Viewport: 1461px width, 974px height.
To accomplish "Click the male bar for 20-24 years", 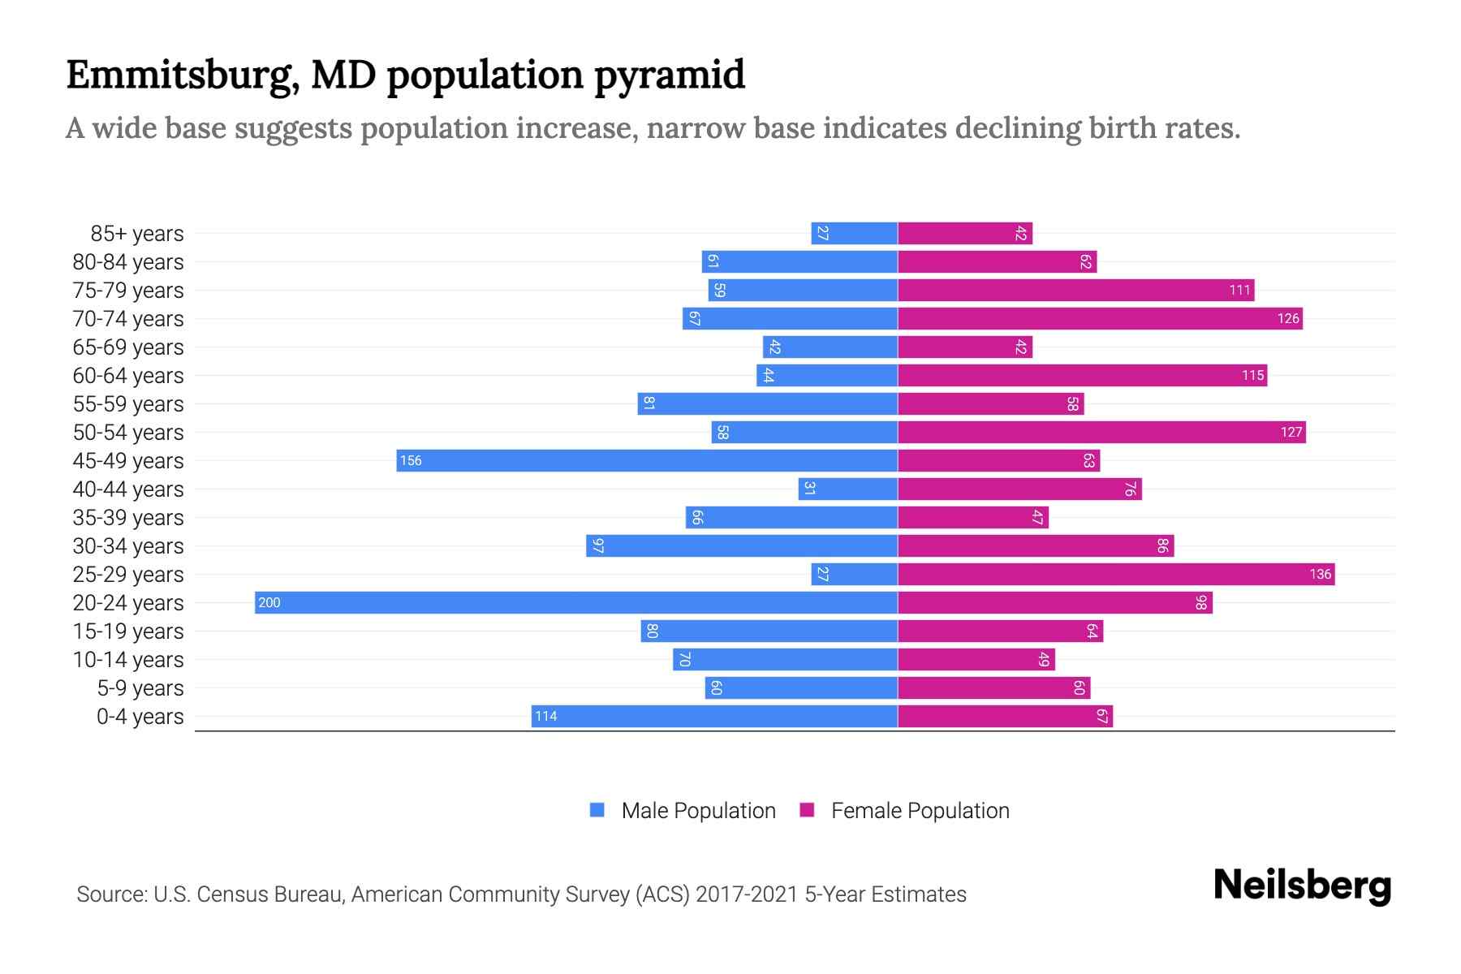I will (x=576, y=602).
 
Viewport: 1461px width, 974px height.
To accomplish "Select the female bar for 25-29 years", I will (x=1116, y=574).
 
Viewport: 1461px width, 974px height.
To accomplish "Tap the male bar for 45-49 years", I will (x=647, y=460).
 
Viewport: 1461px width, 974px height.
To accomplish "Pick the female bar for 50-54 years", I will (x=1101, y=432).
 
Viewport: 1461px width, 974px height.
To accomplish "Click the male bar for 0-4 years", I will (x=714, y=716).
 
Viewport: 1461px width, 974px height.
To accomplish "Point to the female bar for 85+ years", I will (x=965, y=233).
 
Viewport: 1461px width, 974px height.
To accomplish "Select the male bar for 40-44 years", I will (x=847, y=489).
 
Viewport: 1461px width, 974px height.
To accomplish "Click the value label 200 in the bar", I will (x=269, y=602).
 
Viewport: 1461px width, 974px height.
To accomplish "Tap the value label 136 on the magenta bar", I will (x=1320, y=574).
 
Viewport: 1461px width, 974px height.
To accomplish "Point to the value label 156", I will (x=411, y=460).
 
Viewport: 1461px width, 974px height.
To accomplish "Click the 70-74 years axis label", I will (x=128, y=318).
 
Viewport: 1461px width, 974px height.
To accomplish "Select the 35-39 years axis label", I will (x=128, y=517).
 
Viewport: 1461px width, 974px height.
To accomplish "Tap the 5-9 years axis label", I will (x=140, y=687).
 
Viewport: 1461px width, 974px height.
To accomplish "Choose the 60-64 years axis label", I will (x=128, y=375).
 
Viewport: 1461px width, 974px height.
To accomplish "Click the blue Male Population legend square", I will (x=597, y=810).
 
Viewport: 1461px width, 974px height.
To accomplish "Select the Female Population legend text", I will (x=920, y=810).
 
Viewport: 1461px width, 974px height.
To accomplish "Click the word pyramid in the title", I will (x=670, y=75).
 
